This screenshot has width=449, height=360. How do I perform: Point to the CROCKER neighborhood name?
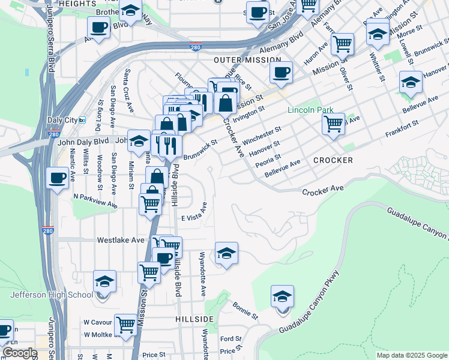(333, 160)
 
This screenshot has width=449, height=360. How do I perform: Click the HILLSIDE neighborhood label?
(194, 318)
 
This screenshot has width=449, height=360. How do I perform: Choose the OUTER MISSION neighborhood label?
(247, 60)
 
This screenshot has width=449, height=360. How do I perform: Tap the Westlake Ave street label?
(121, 240)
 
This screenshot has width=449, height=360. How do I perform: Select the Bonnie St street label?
(245, 310)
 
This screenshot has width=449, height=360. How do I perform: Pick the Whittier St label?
(379, 66)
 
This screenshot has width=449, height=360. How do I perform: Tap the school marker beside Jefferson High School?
(104, 281)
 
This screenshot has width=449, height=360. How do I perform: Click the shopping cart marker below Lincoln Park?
(333, 124)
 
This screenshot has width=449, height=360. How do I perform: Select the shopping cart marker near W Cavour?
(125, 325)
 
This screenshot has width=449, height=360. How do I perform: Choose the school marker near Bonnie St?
(283, 296)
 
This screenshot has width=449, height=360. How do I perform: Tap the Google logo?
(20, 353)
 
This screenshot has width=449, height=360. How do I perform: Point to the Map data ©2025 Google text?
(412, 355)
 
